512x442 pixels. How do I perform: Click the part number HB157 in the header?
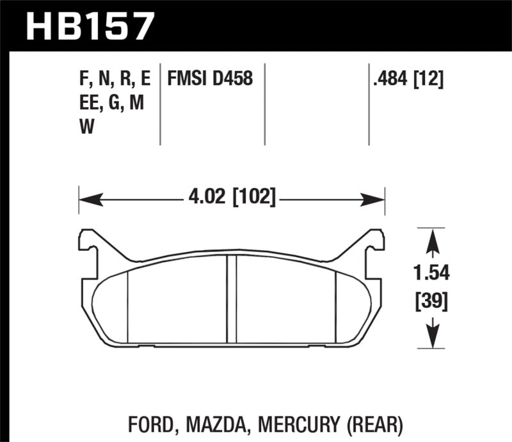tap(90, 26)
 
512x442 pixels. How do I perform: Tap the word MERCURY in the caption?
tap(299, 423)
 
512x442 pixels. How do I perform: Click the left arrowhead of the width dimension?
tap(86, 198)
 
